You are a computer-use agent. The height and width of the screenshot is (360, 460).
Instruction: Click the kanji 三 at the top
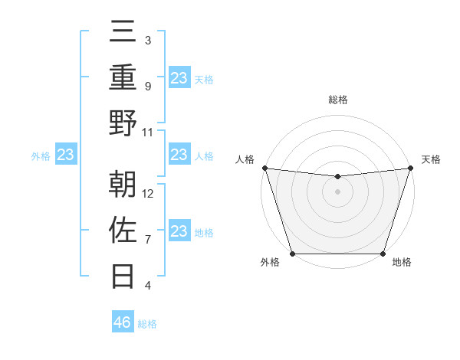pyautogui.click(x=123, y=34)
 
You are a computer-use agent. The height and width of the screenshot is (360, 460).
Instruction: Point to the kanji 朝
pyautogui.click(x=123, y=184)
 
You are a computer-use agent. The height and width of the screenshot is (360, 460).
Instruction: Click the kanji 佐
pyautogui.click(x=123, y=230)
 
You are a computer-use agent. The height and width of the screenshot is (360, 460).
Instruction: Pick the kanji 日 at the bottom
pyautogui.click(x=123, y=273)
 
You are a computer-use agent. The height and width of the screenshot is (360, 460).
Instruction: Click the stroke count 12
pyautogui.click(x=149, y=193)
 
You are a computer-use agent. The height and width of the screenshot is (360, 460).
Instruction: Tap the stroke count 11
pyautogui.click(x=149, y=132)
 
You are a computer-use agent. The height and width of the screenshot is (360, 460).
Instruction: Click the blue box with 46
pyautogui.click(x=123, y=322)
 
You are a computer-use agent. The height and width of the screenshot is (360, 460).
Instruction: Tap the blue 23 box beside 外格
pyautogui.click(x=66, y=155)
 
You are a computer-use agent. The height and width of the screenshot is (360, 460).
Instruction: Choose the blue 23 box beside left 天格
pyautogui.click(x=179, y=77)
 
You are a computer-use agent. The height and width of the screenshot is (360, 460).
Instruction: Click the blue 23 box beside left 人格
pyautogui.click(x=179, y=155)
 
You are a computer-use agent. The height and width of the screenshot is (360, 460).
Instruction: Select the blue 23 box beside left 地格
pyautogui.click(x=179, y=232)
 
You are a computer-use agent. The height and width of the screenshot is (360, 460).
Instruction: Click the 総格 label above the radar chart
pyautogui.click(x=337, y=100)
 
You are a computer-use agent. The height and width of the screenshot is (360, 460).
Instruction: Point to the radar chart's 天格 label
pyautogui.click(x=431, y=159)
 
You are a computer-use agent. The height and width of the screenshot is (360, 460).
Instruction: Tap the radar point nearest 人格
pyautogui.click(x=264, y=168)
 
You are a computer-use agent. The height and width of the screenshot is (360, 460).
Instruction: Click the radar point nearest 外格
pyautogui.click(x=292, y=254)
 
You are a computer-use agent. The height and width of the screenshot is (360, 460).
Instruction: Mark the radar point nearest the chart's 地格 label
pyautogui.click(x=383, y=254)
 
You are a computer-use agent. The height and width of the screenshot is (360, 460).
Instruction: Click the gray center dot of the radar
pyautogui.click(x=337, y=191)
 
